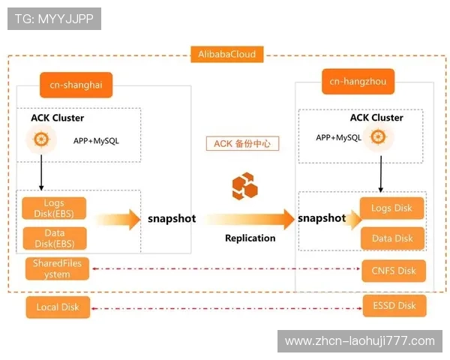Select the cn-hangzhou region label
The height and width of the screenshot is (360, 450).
(358, 81)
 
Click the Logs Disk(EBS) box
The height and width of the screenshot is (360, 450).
(54, 208)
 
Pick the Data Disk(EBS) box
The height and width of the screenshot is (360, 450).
(54, 238)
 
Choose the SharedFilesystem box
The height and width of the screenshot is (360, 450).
(57, 268)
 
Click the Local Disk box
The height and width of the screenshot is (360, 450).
(57, 307)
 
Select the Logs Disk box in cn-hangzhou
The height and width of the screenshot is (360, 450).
(392, 208)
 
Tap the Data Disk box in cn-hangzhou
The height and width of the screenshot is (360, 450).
(392, 238)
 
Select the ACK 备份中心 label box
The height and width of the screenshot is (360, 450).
(241, 143)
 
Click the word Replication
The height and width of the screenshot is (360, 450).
(250, 238)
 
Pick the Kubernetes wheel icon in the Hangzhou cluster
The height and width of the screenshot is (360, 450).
(378, 137)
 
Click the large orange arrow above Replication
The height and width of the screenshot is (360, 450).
(250, 219)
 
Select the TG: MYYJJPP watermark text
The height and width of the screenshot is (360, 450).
(54, 19)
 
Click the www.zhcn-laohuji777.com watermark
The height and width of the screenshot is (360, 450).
(360, 341)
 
